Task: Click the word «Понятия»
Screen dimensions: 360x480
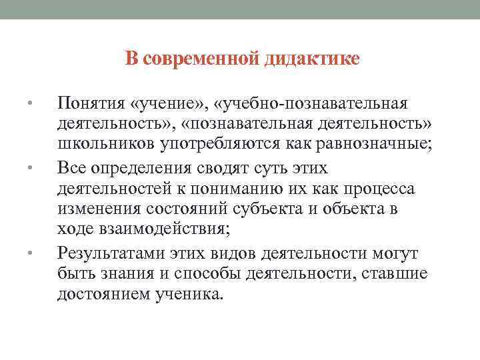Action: click(91, 104)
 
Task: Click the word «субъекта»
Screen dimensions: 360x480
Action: click(267, 210)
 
